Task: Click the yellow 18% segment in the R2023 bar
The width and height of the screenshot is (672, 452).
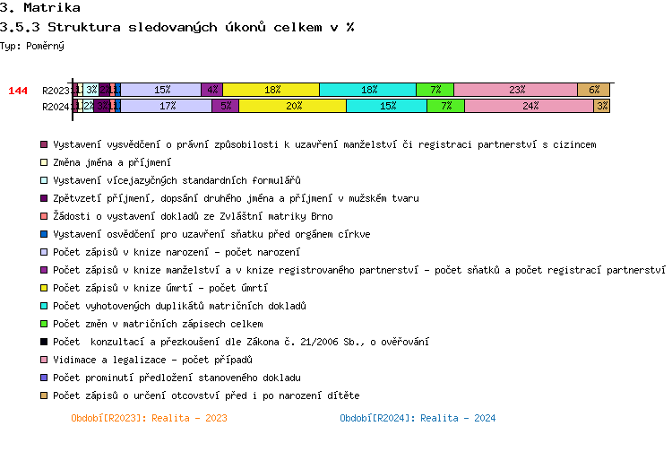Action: pyautogui.click(x=271, y=90)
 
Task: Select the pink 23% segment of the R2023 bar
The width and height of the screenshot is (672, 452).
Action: pyautogui.click(x=516, y=90)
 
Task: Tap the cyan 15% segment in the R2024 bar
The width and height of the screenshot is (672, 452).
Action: pyautogui.click(x=386, y=106)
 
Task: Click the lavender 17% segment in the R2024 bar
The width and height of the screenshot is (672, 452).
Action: pyautogui.click(x=166, y=106)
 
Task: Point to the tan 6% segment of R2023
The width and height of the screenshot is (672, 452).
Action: pyautogui.click(x=593, y=90)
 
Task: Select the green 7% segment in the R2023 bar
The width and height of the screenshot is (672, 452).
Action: pyautogui.click(x=435, y=90)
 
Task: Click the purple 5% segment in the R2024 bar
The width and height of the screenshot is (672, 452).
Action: pyautogui.click(x=225, y=106)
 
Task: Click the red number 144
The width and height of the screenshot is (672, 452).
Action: pyautogui.click(x=18, y=91)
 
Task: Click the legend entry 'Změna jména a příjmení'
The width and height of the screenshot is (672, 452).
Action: pyautogui.click(x=111, y=162)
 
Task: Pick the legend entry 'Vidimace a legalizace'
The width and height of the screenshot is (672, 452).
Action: pyautogui.click(x=153, y=360)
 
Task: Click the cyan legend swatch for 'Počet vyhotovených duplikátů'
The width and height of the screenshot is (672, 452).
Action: pyautogui.click(x=44, y=306)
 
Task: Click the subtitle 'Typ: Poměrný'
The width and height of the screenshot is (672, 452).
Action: pyautogui.click(x=32, y=45)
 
